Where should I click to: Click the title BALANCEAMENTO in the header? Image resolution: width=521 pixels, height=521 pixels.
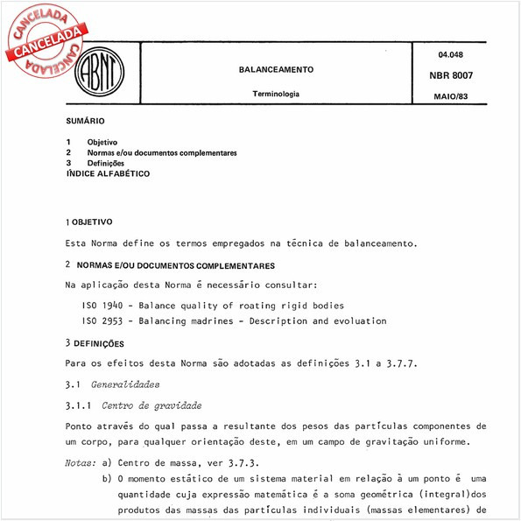point(276,68)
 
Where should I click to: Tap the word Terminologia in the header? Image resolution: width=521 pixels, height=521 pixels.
point(276,94)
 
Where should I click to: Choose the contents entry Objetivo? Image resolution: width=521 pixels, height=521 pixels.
point(102,142)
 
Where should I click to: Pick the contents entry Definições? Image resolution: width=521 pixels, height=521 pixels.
point(106,163)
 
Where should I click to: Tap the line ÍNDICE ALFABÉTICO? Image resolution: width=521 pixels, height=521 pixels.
point(108,173)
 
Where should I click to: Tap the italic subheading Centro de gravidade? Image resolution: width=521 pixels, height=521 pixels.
point(151,405)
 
